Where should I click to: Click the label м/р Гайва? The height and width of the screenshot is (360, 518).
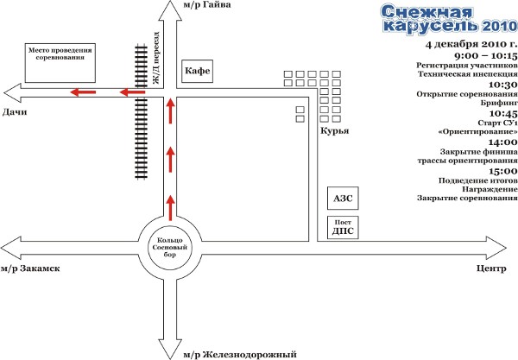[205, 6]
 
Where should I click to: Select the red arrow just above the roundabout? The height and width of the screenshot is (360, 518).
[170, 208]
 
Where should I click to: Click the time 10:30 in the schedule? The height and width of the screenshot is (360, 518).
[502, 85]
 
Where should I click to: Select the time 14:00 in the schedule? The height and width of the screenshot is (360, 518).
[502, 142]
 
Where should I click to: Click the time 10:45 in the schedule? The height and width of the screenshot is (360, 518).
[502, 113]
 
